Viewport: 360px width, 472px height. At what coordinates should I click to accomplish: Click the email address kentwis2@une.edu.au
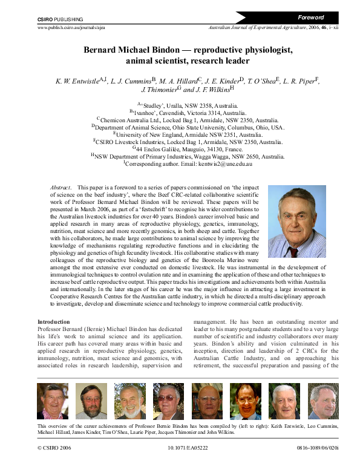click(x=218, y=164)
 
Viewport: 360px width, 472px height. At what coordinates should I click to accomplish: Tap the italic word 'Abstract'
click(x=61, y=189)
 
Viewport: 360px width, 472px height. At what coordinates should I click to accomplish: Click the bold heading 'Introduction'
click(x=54, y=322)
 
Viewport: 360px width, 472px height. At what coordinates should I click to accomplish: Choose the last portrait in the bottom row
click(x=323, y=402)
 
